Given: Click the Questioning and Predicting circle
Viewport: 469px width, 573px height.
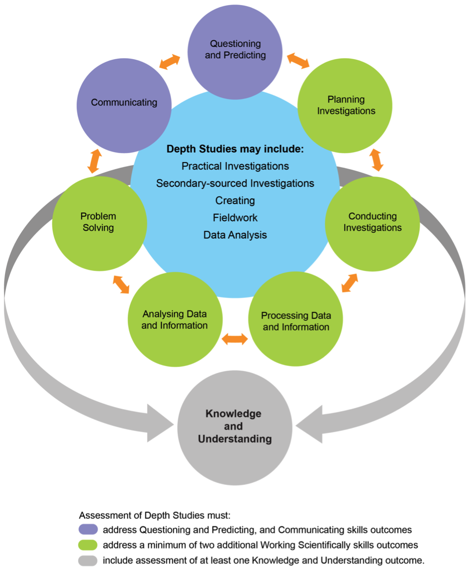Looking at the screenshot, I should [235, 50].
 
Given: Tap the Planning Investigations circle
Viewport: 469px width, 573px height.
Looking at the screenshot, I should [345, 105].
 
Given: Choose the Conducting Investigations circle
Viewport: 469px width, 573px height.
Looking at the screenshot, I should [373, 222].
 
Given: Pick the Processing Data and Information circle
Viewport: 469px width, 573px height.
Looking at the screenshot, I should [295, 321].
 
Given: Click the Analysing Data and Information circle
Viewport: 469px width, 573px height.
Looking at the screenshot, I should [175, 320].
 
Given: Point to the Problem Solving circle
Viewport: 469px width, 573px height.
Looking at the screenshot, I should [99, 222].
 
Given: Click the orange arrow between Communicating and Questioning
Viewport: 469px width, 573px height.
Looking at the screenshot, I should [170, 62].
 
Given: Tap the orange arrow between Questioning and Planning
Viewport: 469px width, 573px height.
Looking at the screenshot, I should [299, 61].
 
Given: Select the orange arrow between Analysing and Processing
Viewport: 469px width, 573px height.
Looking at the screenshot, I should [235, 340].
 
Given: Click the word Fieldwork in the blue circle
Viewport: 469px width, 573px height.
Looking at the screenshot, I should [235, 218].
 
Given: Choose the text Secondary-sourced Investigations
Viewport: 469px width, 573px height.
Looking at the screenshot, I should [235, 184].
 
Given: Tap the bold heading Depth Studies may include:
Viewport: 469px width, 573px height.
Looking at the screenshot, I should [235, 149].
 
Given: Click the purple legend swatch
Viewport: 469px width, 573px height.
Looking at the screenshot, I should [88, 530].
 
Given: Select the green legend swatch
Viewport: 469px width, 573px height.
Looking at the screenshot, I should [88, 545].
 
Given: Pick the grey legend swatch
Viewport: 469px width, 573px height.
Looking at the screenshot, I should [88, 561].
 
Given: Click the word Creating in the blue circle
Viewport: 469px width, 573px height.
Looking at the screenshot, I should [235, 200].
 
